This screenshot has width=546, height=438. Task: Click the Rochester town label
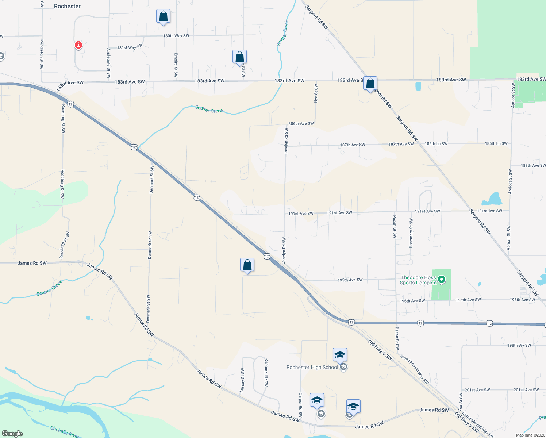(67, 6)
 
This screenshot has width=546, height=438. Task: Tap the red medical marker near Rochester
(78, 45)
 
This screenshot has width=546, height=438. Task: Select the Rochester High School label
(312, 367)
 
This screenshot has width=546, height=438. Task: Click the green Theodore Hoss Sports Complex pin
(441, 280)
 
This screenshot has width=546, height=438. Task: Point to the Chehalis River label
(65, 432)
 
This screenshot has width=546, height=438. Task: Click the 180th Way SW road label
(176, 36)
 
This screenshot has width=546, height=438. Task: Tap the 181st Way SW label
(130, 47)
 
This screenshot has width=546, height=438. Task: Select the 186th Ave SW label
(301, 124)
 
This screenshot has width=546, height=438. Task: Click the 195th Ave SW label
(350, 280)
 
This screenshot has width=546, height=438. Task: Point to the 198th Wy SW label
(519, 345)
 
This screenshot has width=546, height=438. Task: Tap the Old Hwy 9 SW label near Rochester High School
(380, 350)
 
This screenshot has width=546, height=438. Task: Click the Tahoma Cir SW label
(266, 372)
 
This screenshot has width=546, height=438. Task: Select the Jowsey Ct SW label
(242, 381)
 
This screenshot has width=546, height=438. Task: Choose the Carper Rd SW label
(300, 405)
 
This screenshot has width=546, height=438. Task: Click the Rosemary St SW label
(411, 233)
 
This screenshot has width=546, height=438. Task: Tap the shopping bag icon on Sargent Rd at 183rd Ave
(370, 84)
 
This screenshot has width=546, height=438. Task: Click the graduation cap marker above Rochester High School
(340, 355)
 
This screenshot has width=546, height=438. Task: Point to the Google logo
(12, 433)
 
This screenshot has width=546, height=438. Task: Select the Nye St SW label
(316, 93)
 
